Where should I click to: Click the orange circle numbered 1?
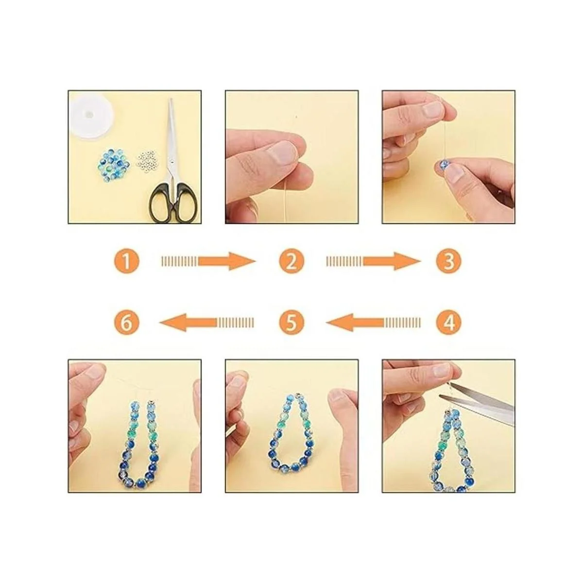click(127, 261)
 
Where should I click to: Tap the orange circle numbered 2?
click(291, 261)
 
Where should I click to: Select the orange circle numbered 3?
click(448, 261)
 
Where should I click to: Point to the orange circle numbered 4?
click(448, 323)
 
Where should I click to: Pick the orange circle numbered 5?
click(291, 323)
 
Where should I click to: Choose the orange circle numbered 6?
click(127, 323)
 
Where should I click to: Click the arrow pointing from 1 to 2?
click(209, 261)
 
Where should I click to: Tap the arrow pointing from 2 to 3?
click(373, 261)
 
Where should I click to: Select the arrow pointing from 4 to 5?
click(373, 323)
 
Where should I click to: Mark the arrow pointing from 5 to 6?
click(207, 323)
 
